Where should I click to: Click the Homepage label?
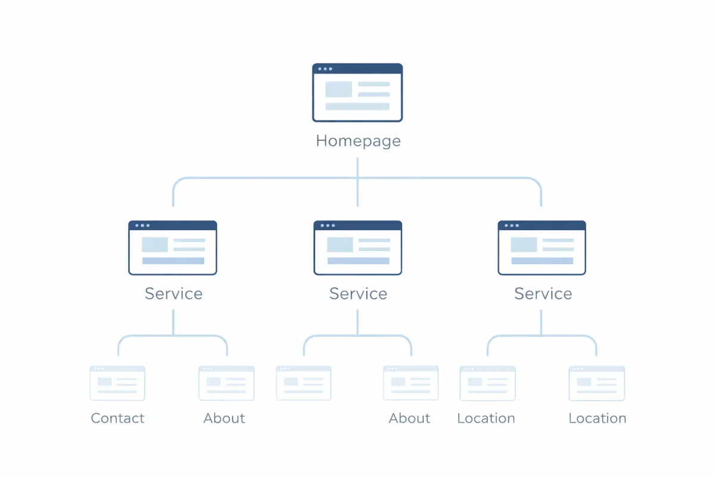click(x=358, y=141)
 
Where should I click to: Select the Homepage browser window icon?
click(x=357, y=92)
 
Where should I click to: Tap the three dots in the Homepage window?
click(x=325, y=69)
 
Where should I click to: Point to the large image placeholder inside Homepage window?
click(x=338, y=89)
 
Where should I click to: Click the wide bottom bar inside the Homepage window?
click(x=357, y=107)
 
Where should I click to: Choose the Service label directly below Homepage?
click(x=358, y=293)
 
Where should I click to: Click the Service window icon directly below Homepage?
click(x=357, y=248)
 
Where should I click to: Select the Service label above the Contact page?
click(x=173, y=293)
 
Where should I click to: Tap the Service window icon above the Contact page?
click(x=173, y=248)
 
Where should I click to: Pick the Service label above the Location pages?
click(x=543, y=293)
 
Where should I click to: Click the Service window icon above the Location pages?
click(x=542, y=248)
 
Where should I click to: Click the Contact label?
click(x=117, y=419)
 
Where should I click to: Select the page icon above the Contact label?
click(x=117, y=383)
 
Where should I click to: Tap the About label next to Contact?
click(x=224, y=419)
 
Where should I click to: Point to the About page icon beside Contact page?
click(x=226, y=383)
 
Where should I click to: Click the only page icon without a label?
click(x=304, y=383)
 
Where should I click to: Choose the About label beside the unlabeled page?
click(x=409, y=419)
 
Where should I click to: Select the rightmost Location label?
click(x=597, y=419)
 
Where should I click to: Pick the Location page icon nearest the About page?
click(x=487, y=383)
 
